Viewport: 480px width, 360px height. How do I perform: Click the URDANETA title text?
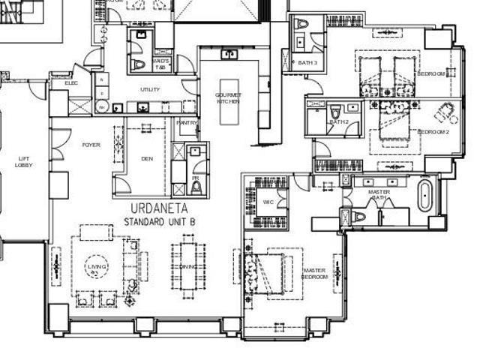pyautogui.click(x=160, y=208)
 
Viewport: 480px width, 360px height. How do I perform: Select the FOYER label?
pyautogui.click(x=91, y=144)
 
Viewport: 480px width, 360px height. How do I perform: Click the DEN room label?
pyautogui.click(x=147, y=158)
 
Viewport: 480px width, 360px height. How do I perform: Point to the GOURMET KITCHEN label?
pyautogui.click(x=228, y=97)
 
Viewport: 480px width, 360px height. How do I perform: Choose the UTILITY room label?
pyautogui.click(x=150, y=89)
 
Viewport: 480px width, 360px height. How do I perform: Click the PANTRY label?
pyautogui.click(x=187, y=122)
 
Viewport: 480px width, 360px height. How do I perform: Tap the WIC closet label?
pyautogui.click(x=268, y=202)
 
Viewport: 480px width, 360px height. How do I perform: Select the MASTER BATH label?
pyautogui.click(x=379, y=196)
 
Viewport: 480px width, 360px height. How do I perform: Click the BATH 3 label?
pyautogui.click(x=307, y=63)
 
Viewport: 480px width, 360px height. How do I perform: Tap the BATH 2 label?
pyautogui.click(x=340, y=121)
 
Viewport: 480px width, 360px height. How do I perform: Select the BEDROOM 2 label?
pyautogui.click(x=433, y=132)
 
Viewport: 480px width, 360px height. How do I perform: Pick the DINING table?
pyautogui.click(x=187, y=266)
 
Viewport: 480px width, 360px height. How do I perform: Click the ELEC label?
pyautogui.click(x=71, y=82)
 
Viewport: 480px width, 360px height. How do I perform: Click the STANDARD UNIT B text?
pyautogui.click(x=159, y=223)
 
